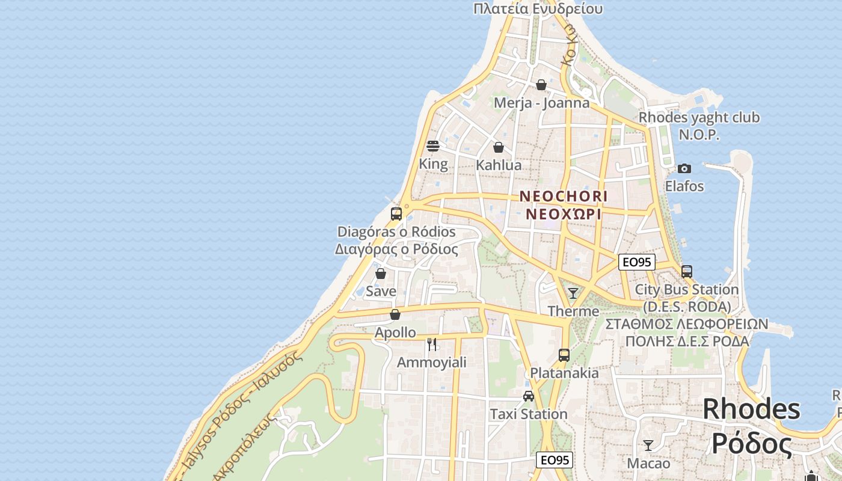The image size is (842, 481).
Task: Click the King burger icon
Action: pos(433,146)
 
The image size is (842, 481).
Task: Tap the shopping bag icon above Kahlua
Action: pos(499,147)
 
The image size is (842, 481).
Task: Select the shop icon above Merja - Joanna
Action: pos(541,85)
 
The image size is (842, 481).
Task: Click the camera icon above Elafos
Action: pos(684,168)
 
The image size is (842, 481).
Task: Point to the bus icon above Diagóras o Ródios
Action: pos(396,213)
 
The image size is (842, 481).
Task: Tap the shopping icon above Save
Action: pos(381,274)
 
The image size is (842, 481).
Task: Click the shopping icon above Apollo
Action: pos(395,314)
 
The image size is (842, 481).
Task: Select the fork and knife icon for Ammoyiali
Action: pos(432,345)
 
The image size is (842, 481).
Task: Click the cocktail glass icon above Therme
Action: pos(573,293)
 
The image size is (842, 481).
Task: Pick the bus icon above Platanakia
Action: pos(564,355)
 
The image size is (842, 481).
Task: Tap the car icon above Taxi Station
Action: pos(529,396)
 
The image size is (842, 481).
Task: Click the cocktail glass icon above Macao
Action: pos(648,446)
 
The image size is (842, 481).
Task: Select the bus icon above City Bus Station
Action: pos(687,271)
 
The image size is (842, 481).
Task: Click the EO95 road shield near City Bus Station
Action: pos(637,262)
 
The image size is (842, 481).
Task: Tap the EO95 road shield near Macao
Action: pos(554,461)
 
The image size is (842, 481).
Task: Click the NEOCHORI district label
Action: pos(564,197)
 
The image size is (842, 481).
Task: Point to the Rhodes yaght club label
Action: pos(699,118)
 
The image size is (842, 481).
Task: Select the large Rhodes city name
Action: pos(751,410)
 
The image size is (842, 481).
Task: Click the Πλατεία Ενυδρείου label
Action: pos(538,8)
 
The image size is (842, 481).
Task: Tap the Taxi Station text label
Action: pos(529,414)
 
